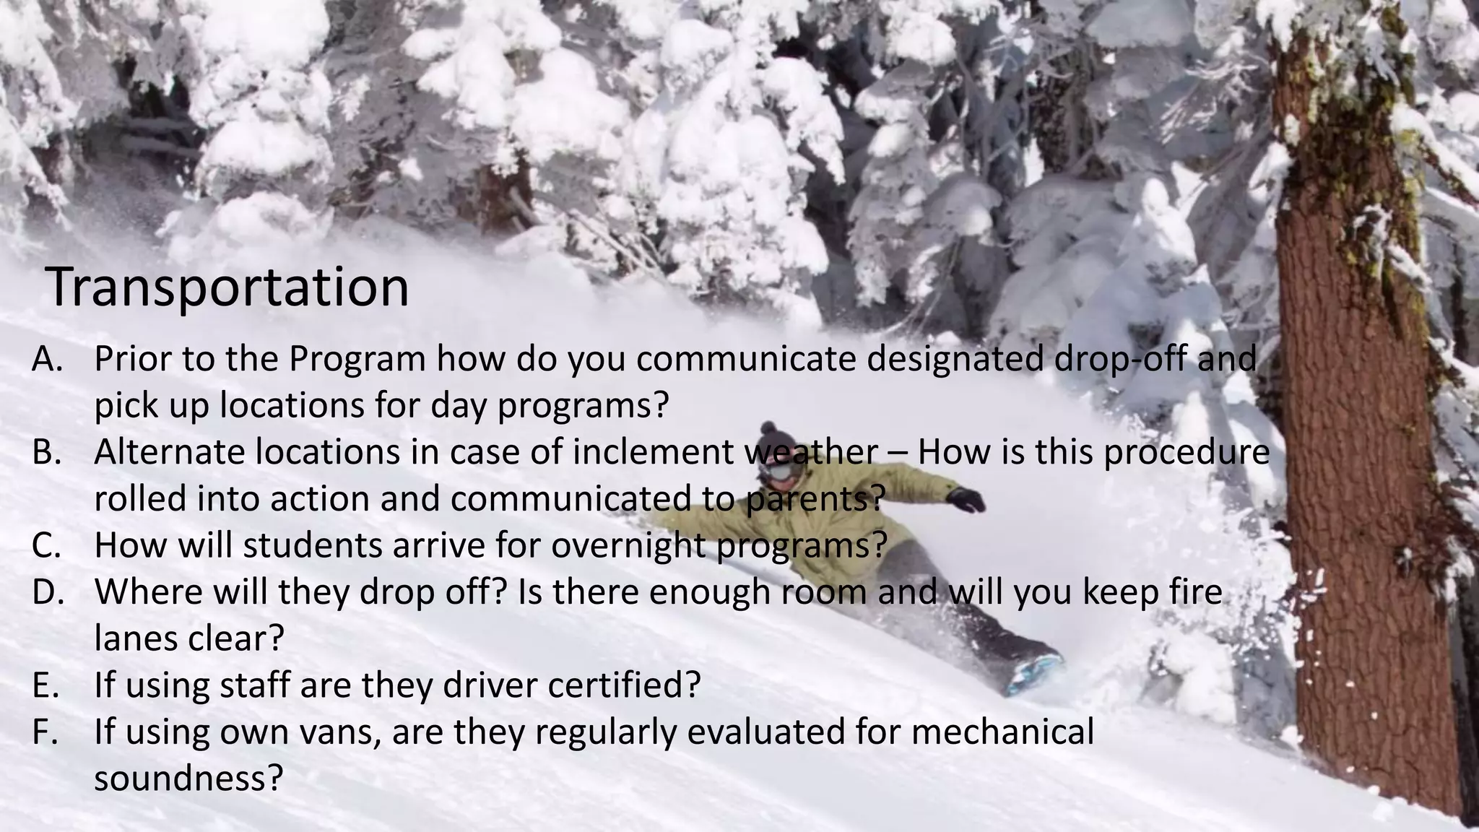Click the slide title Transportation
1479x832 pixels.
(x=227, y=287)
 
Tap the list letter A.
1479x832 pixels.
(x=48, y=360)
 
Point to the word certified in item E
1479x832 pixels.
(x=624, y=685)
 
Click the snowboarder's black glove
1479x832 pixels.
(x=966, y=499)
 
